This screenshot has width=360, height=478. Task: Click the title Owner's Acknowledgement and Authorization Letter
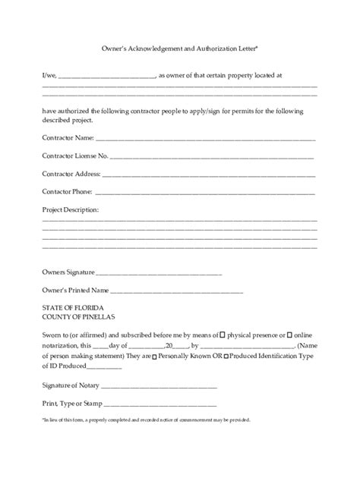pos(180,48)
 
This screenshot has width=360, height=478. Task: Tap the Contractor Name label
pos(68,138)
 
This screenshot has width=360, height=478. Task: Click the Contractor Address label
pos(71,174)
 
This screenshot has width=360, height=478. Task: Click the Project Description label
pos(71,209)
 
